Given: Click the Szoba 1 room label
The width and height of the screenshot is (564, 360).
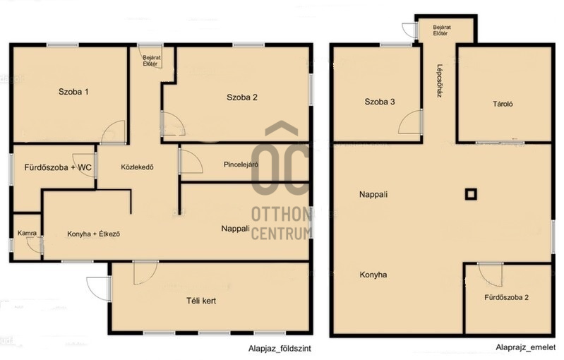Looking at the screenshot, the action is (x=73, y=92).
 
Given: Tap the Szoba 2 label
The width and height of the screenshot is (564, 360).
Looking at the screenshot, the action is (x=241, y=97).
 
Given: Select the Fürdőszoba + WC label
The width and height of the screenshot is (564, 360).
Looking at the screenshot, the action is (x=58, y=167).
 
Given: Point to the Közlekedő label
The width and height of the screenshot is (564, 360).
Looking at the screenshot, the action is (x=137, y=167).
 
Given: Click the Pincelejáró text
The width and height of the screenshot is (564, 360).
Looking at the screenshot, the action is (x=241, y=164).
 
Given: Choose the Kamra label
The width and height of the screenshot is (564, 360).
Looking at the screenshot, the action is (x=27, y=233).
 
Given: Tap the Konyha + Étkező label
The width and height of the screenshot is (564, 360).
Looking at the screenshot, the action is (x=93, y=234).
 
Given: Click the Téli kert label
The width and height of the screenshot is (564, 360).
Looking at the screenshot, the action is (x=201, y=301).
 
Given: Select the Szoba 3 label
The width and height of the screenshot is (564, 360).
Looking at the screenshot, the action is (x=380, y=102).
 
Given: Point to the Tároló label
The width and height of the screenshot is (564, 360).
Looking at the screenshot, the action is (x=503, y=104).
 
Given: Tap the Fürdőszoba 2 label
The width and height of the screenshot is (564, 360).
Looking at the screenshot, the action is (x=506, y=297).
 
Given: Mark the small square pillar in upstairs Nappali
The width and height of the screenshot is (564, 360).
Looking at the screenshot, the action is (x=472, y=195).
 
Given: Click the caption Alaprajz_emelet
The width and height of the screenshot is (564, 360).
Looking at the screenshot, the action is (x=525, y=347).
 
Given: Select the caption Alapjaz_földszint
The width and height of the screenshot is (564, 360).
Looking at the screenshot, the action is (x=280, y=349).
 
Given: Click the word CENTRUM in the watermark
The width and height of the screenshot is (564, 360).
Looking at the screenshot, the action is (x=281, y=234).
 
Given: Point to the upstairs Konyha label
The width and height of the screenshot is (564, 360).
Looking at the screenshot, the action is (x=373, y=275).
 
